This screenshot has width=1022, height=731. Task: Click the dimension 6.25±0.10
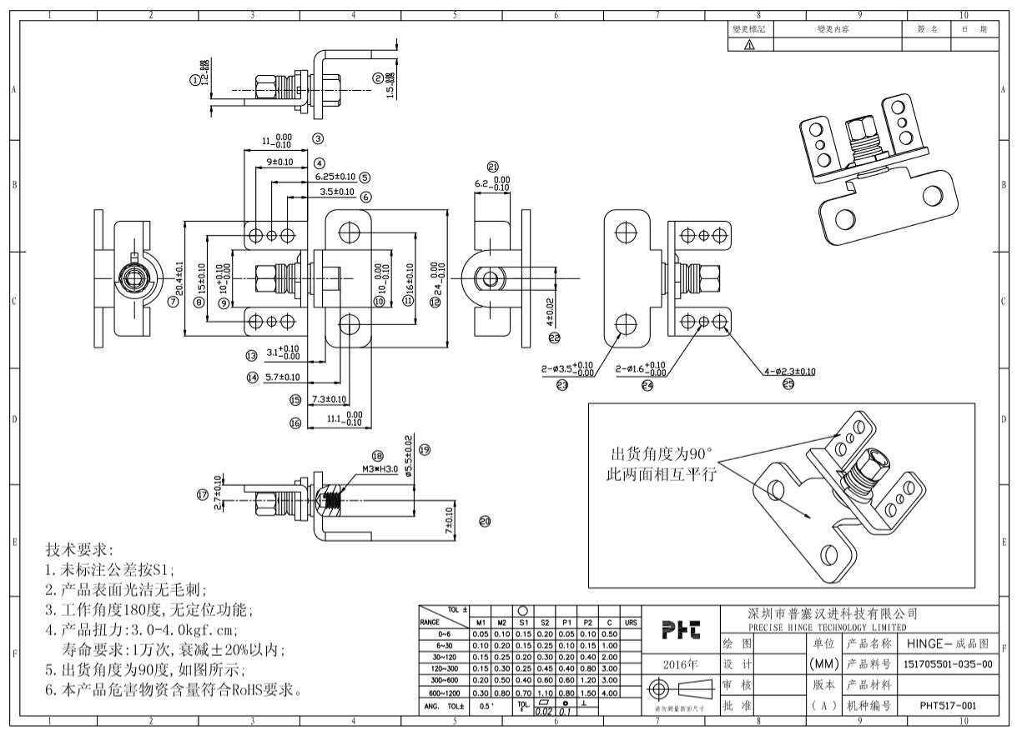click(335, 177)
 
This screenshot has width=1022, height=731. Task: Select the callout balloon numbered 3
click(318, 138)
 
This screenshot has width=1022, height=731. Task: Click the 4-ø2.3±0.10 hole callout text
click(790, 371)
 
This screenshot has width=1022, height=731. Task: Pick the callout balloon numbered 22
click(554, 338)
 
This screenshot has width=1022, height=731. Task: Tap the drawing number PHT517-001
click(947, 704)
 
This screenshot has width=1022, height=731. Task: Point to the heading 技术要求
click(83, 551)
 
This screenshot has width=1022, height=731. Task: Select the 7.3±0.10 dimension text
click(330, 399)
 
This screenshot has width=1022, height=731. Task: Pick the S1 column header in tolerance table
click(523, 621)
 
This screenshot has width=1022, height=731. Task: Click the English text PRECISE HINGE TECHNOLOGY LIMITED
click(827, 627)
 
